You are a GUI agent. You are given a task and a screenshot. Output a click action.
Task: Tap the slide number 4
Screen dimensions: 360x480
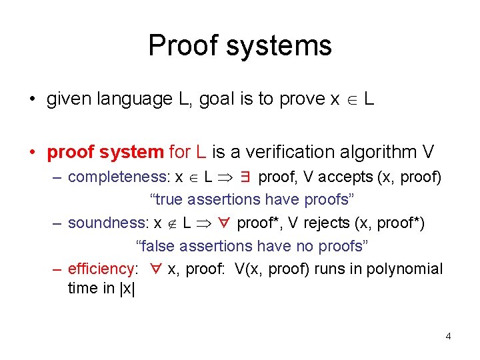tap(448, 336)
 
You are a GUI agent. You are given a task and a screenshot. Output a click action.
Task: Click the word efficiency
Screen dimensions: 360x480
tap(101, 269)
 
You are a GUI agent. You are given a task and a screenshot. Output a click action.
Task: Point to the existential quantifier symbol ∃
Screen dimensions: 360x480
tap(244, 177)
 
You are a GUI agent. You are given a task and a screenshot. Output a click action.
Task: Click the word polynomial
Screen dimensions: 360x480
tap(405, 269)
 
